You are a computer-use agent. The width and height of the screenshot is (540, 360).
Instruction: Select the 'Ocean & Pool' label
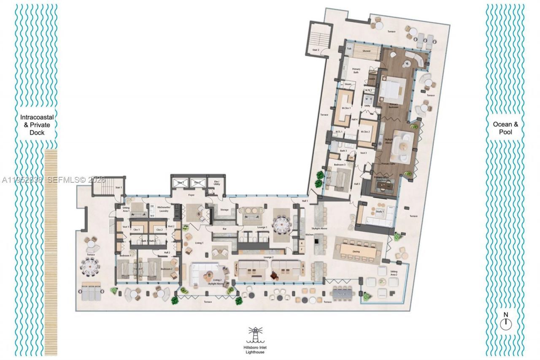point(505,128)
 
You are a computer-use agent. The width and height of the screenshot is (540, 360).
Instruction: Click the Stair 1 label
point(119,187)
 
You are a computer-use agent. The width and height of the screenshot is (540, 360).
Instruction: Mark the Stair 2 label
point(315,50)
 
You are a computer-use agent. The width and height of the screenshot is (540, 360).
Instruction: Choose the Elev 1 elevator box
point(181,183)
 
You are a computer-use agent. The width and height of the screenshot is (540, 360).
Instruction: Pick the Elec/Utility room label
point(217,183)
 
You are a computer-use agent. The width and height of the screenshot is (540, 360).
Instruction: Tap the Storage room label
point(224,209)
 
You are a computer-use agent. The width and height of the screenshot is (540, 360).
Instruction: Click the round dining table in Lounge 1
point(282,224)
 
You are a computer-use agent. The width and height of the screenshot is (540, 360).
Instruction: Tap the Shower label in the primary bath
point(366,51)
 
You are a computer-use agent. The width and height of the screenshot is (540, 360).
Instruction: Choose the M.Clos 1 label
point(346,108)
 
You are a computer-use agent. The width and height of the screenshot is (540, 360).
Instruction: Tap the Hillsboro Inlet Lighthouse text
point(256,349)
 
